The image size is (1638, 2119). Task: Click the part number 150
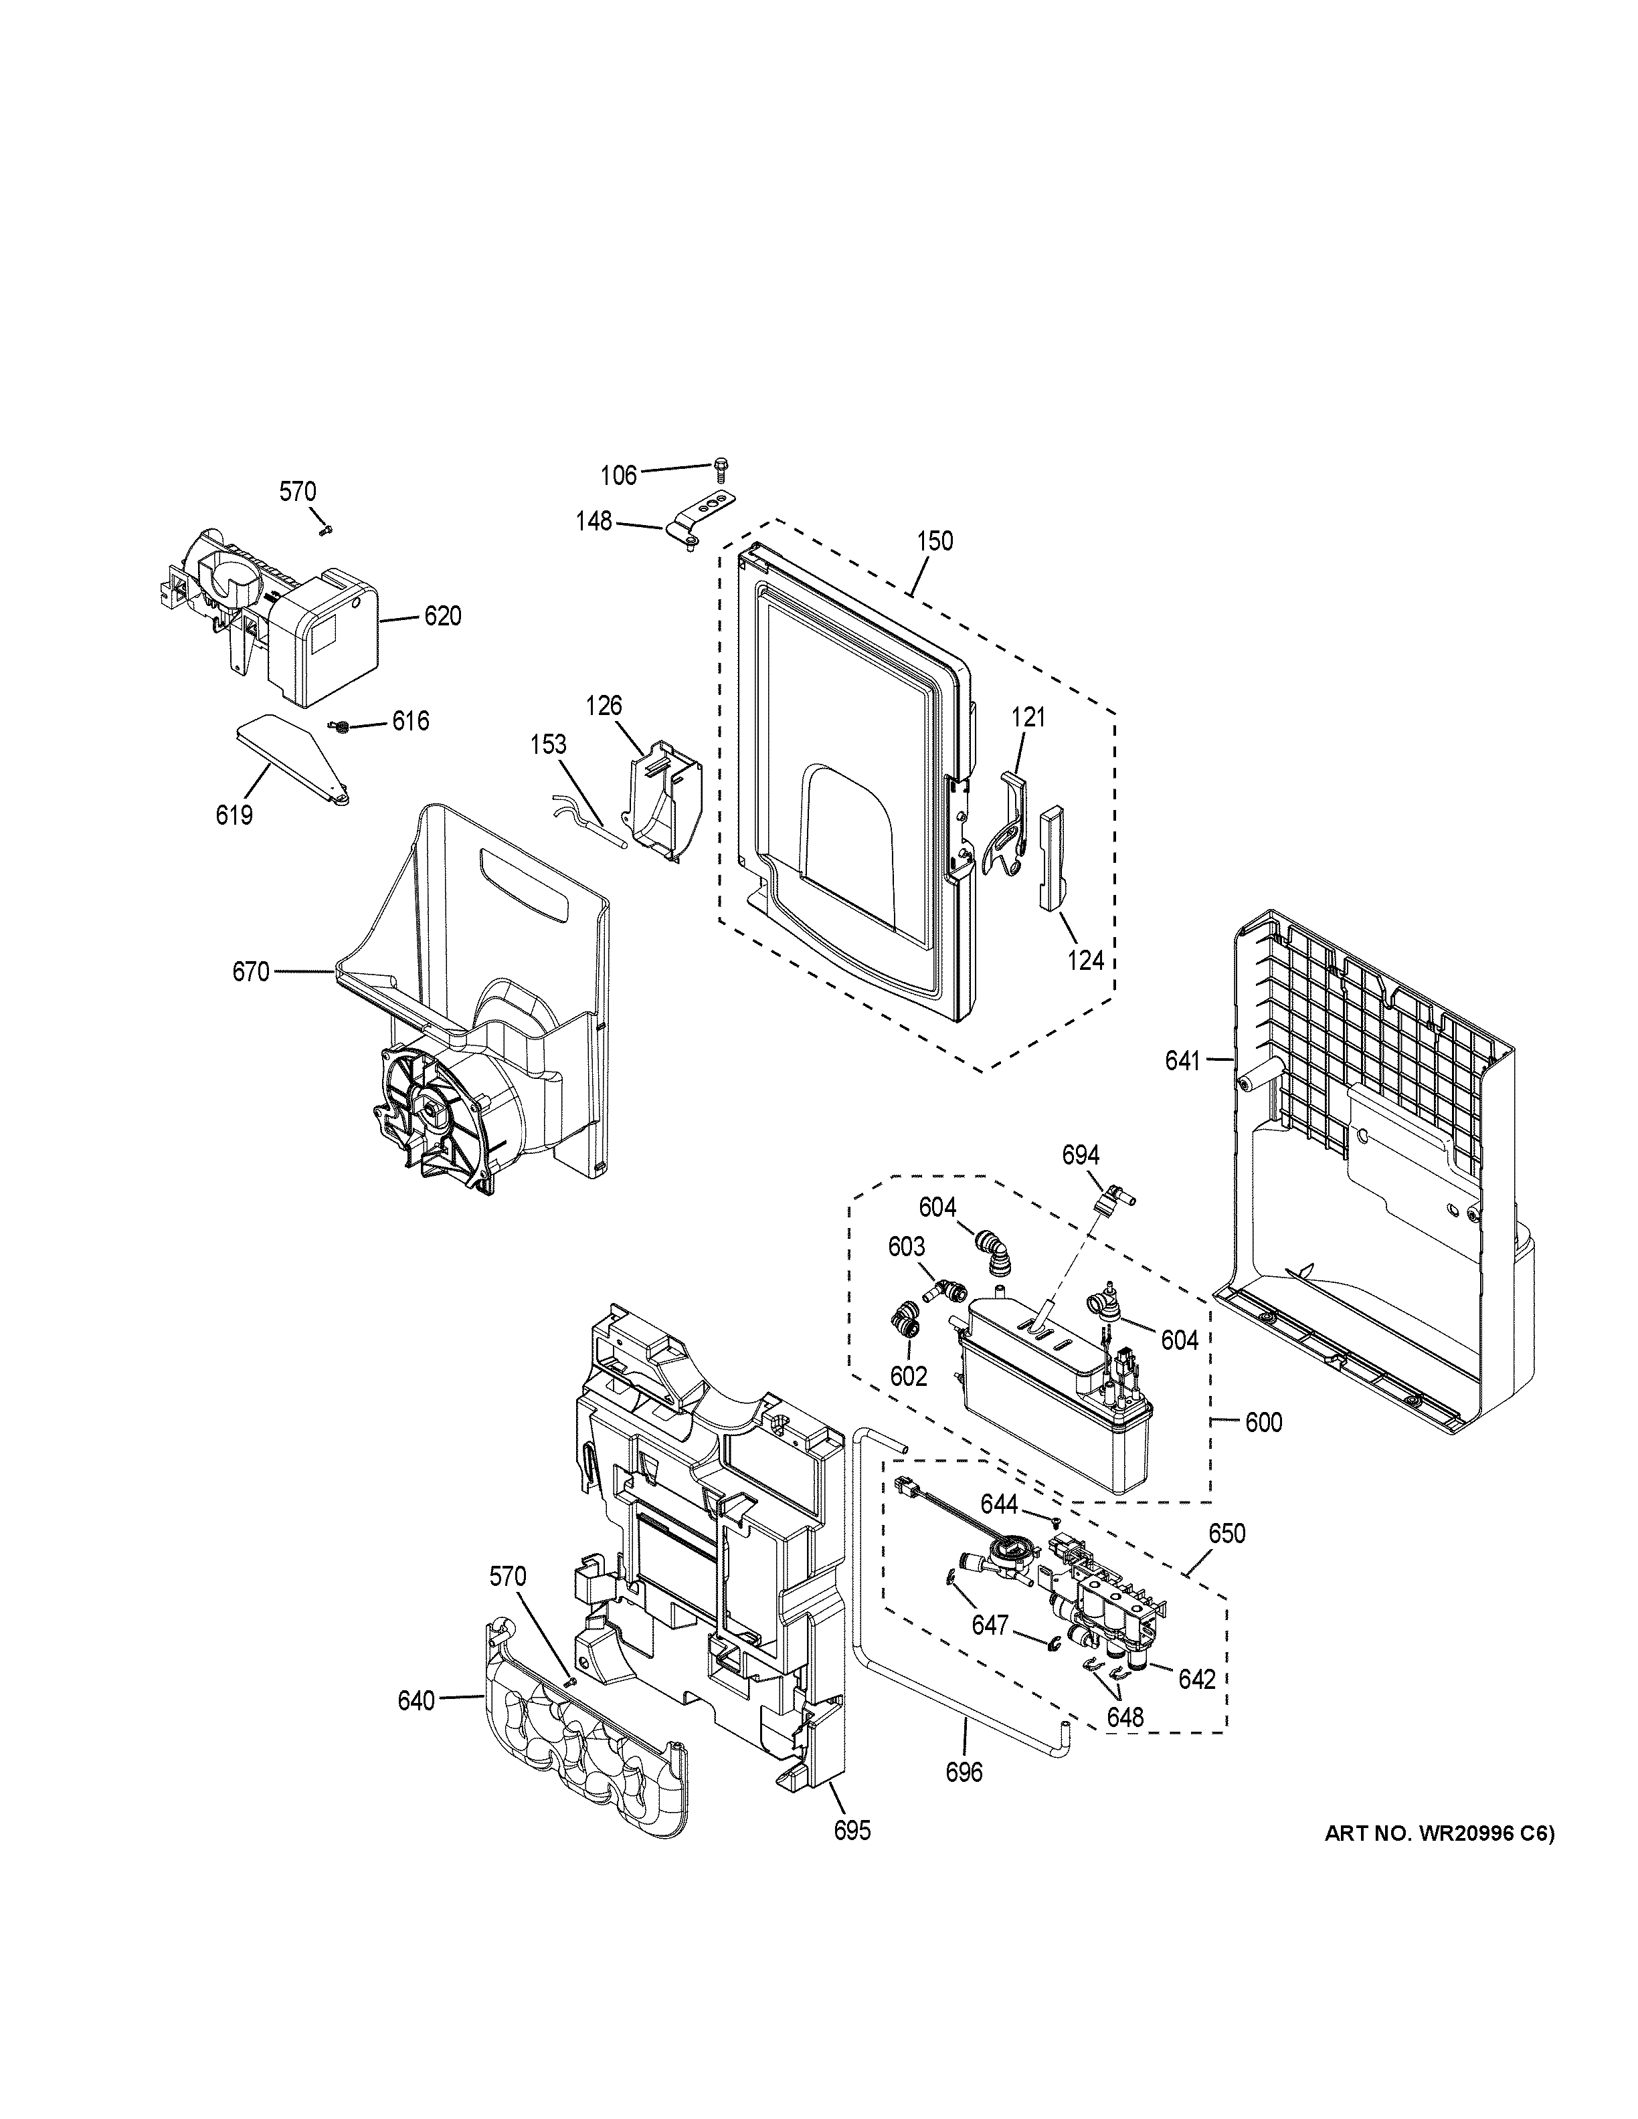[935, 540]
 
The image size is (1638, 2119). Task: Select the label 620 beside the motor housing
[442, 616]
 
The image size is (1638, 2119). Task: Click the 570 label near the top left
[298, 492]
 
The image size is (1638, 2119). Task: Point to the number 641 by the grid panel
[1183, 1062]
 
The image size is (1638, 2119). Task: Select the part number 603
[907, 1247]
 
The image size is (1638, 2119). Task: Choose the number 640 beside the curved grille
[416, 1699]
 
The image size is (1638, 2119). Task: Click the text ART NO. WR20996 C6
[1438, 1834]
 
